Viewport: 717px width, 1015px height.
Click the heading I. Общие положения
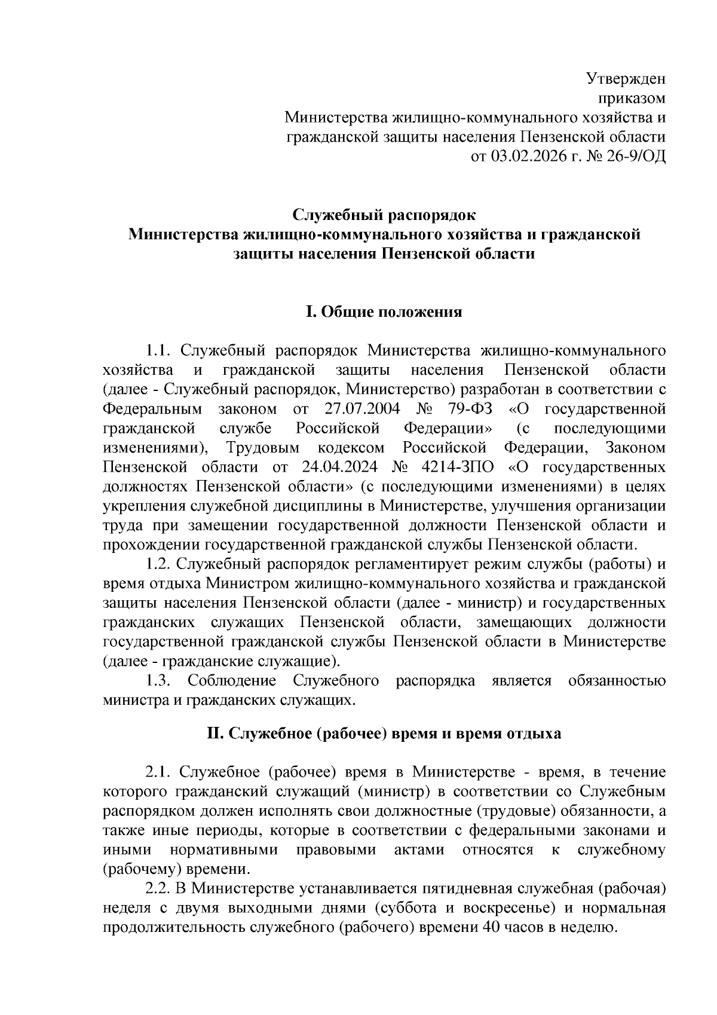click(384, 311)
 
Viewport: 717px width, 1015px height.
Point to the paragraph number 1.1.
click(159, 350)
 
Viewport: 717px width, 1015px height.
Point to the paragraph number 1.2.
click(159, 564)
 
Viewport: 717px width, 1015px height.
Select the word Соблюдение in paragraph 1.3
click(232, 681)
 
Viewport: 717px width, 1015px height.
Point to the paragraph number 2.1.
click(159, 772)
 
